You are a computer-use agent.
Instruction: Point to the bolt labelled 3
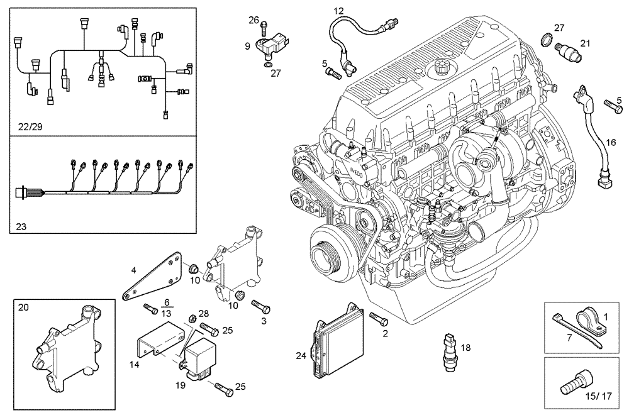coord(260,306)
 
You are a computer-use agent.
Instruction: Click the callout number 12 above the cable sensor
coord(338,11)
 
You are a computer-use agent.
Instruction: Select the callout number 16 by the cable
coord(610,143)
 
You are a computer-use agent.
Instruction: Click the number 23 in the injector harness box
coord(22,223)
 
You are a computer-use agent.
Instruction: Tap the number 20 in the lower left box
coord(24,307)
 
